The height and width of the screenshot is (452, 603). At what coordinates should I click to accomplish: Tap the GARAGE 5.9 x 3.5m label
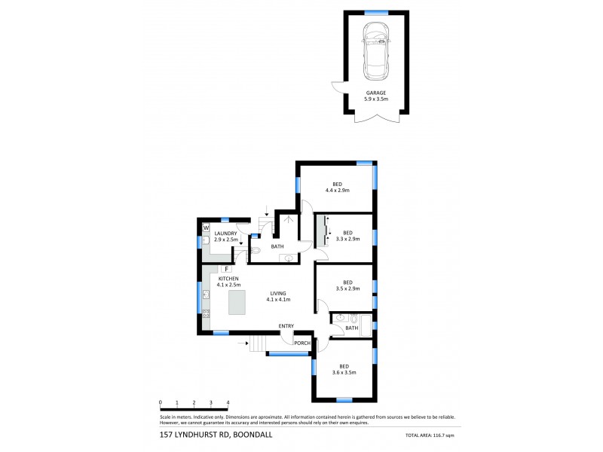point(375,96)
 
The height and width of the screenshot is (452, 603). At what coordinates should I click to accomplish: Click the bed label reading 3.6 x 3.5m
point(344,368)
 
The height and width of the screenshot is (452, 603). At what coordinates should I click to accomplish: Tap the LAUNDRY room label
point(225,237)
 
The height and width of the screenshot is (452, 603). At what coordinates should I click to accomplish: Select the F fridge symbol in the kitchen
point(226,268)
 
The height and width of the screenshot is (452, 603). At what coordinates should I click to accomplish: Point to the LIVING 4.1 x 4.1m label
point(278,296)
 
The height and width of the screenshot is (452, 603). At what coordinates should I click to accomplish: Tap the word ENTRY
point(286,325)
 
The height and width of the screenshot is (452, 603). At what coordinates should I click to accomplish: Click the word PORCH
point(301,344)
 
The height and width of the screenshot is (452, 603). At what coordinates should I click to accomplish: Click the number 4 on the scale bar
point(228,402)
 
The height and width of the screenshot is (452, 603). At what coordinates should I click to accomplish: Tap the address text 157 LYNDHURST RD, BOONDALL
point(205,435)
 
